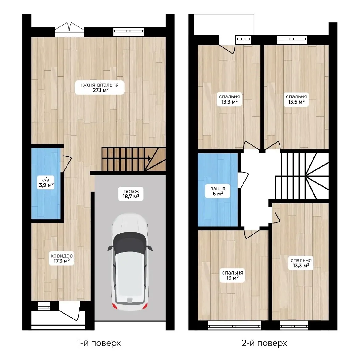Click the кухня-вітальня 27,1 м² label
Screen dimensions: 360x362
pyautogui.click(x=100, y=87)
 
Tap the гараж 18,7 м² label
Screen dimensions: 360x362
pyautogui.click(x=131, y=194)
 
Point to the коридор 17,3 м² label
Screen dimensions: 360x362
pyautogui.click(x=62, y=258)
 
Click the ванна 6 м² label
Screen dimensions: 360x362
pyautogui.click(x=218, y=191)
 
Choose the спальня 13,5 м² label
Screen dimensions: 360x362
pyautogui.click(x=296, y=99)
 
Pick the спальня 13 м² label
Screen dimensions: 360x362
pyautogui.click(x=232, y=275)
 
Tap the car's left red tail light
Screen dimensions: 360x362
pyautogui.click(x=114, y=306)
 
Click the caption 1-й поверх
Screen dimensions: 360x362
pyautogui.click(x=99, y=343)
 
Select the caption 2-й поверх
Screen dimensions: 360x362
pyautogui.click(x=264, y=343)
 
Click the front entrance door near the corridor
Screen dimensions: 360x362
pyautogui.click(x=69, y=311)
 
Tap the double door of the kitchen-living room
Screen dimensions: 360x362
pyautogui.click(x=69, y=27)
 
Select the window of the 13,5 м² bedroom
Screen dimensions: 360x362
pyautogui.click(x=292, y=40)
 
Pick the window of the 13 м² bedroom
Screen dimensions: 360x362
pyautogui.click(x=234, y=325)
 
